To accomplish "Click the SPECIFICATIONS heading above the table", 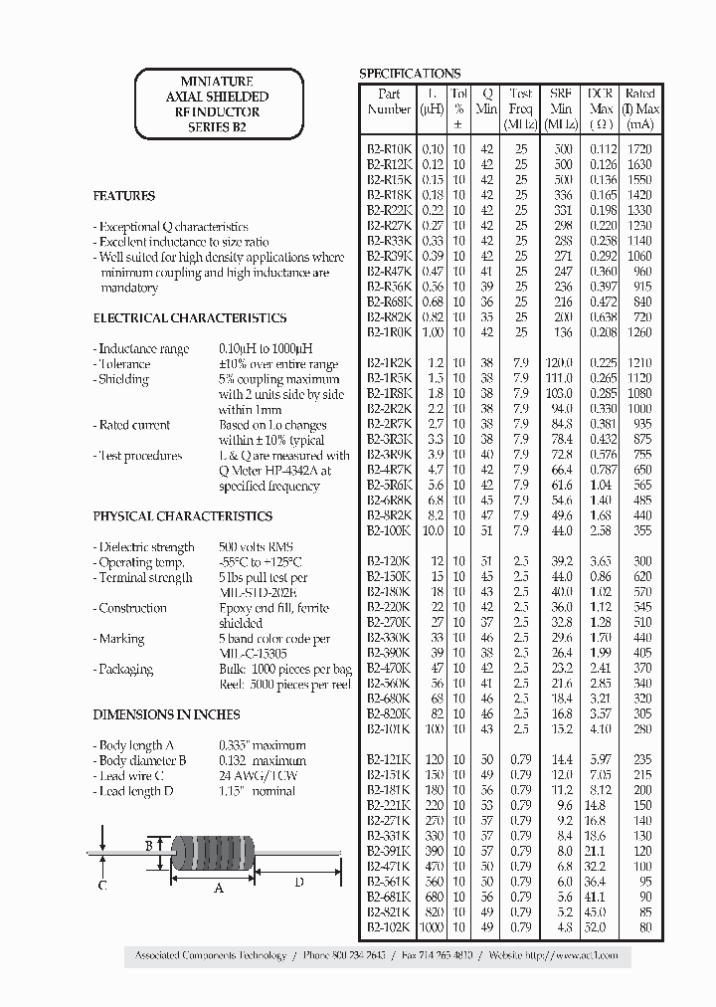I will pos(409,74).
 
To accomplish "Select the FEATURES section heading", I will pos(124,196).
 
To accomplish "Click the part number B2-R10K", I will pos(389,148).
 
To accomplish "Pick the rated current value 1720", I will pos(640,148).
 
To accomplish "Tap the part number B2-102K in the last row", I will pos(389,927).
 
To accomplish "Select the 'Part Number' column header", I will pos(389,101).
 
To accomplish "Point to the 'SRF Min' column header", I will pos(561,101).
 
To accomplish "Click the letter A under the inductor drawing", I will pos(220,889).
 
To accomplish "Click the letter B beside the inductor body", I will pos(148,846).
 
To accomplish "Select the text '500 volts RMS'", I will pos(257,547).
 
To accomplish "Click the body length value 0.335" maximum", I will pos(263,745).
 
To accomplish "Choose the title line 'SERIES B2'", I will pos(217,127).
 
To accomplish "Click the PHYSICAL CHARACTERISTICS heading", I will pos(182,516).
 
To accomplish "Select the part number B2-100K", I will pos(389,531).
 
